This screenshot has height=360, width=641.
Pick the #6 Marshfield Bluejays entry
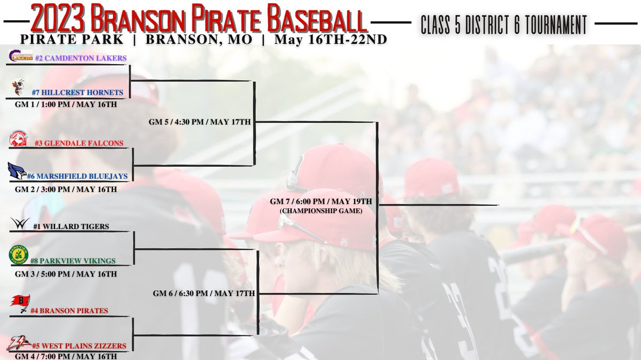pos(81,177)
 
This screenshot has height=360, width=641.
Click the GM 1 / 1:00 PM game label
pos(66,104)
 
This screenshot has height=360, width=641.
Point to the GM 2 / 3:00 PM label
pos(66,189)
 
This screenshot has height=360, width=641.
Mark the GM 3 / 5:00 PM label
pos(66,274)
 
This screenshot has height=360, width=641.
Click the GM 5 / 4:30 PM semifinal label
pos(200,122)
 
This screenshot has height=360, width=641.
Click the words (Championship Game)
pos(320,211)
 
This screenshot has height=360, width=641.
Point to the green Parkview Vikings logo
pos(19,254)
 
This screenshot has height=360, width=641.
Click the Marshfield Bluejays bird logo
pos(17,171)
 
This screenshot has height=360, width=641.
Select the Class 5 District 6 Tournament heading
pos(504,25)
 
